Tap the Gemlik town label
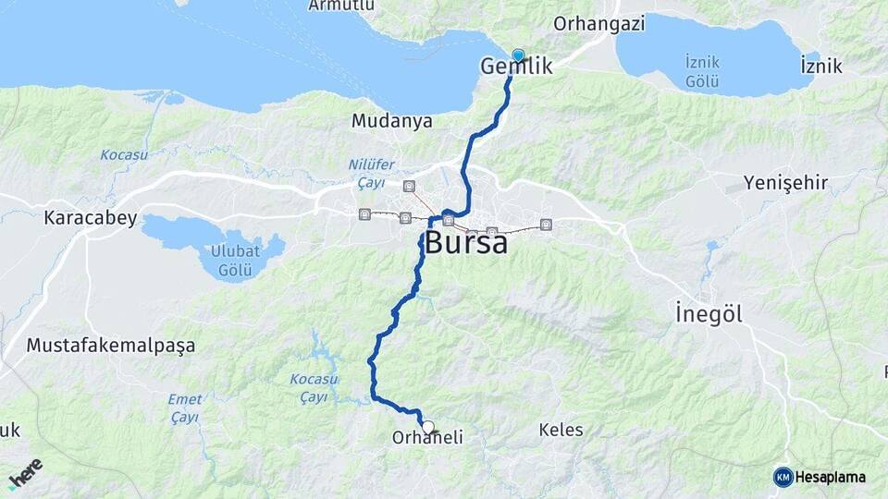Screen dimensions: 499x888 pyautogui.click(x=516, y=67)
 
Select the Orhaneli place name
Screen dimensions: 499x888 pyautogui.click(x=427, y=438)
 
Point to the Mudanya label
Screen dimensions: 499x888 pyautogui.click(x=391, y=121)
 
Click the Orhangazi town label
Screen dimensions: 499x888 pyautogui.click(x=598, y=24)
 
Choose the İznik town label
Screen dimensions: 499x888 pyautogui.click(x=820, y=66)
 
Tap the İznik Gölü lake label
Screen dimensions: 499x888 pyautogui.click(x=702, y=71)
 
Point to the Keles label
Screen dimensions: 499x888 pyautogui.click(x=561, y=430)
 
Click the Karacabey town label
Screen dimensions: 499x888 pyautogui.click(x=91, y=219)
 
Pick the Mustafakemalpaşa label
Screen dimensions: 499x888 pyautogui.click(x=111, y=346)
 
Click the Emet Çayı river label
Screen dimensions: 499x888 pyautogui.click(x=185, y=408)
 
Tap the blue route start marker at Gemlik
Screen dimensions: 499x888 pyautogui.click(x=518, y=55)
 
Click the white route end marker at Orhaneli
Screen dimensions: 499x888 pyautogui.click(x=428, y=427)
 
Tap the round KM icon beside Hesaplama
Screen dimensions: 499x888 pyautogui.click(x=783, y=477)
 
